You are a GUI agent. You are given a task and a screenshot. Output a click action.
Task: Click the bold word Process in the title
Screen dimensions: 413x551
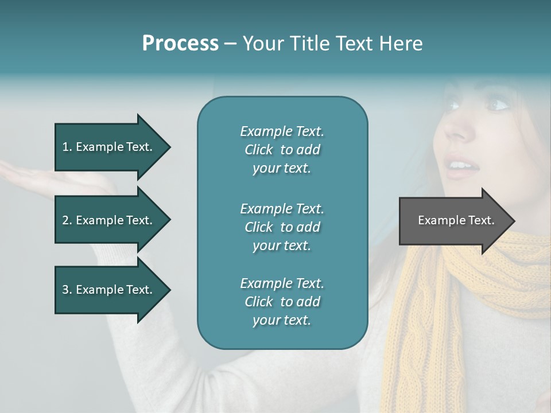(180, 44)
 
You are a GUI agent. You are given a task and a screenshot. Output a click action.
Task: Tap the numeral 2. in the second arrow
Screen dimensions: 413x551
(67, 220)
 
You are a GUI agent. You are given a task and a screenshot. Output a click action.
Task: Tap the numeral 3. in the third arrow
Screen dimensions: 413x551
(67, 290)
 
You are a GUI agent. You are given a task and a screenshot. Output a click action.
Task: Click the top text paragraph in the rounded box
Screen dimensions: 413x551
(282, 150)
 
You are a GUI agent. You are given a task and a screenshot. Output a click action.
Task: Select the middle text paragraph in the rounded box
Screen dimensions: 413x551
(282, 227)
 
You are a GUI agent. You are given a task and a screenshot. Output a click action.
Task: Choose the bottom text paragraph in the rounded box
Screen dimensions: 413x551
(282, 302)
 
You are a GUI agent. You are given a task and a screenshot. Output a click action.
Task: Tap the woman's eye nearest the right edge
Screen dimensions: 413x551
(498, 105)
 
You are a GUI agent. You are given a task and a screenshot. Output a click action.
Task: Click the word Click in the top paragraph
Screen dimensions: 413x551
(259, 150)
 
